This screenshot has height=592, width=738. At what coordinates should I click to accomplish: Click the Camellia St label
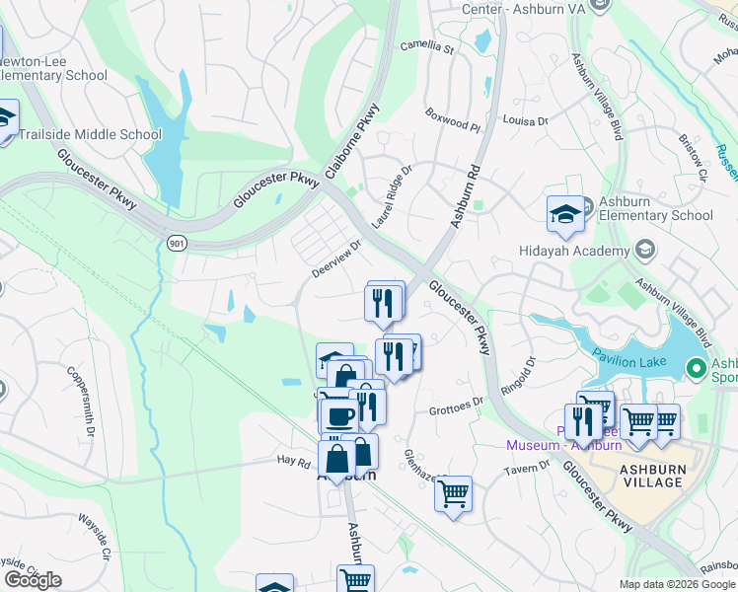426,46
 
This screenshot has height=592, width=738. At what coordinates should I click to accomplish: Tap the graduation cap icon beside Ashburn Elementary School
565,214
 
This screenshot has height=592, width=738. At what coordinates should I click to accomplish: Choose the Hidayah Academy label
574,251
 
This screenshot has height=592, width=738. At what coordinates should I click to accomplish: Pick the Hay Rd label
293,460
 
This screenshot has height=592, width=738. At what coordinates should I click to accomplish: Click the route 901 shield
177,243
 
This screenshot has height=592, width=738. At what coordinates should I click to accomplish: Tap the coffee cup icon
339,414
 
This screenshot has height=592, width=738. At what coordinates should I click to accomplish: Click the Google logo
33,580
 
